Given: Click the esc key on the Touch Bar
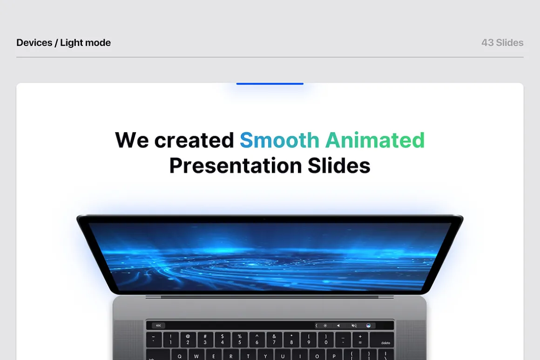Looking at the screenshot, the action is coord(158,325).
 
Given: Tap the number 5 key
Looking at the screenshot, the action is coord(240,340).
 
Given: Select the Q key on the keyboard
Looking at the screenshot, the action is coord(179,355).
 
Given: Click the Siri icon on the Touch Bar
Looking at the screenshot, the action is coord(368,325).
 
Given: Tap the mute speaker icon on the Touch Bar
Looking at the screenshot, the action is coord(354,325).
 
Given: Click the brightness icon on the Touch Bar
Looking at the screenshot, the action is coord(325,325).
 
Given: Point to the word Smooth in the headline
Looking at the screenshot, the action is coord(279,140).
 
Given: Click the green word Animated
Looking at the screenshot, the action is coord(375,140).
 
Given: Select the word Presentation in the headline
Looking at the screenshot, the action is coord(236,166).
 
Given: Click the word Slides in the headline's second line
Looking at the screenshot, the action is coord(339,166).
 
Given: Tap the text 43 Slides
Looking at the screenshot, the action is coord(502,43).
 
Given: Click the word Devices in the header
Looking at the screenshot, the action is coord(34,43).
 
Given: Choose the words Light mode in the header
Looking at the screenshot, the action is coord(85,43).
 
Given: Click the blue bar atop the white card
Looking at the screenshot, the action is coord(270,84).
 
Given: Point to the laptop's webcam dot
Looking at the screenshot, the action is coord(264,219).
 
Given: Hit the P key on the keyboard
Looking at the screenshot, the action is coord(334,355).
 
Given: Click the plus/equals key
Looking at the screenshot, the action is coord(360,340).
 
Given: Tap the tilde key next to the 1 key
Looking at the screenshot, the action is coord(154,340).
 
